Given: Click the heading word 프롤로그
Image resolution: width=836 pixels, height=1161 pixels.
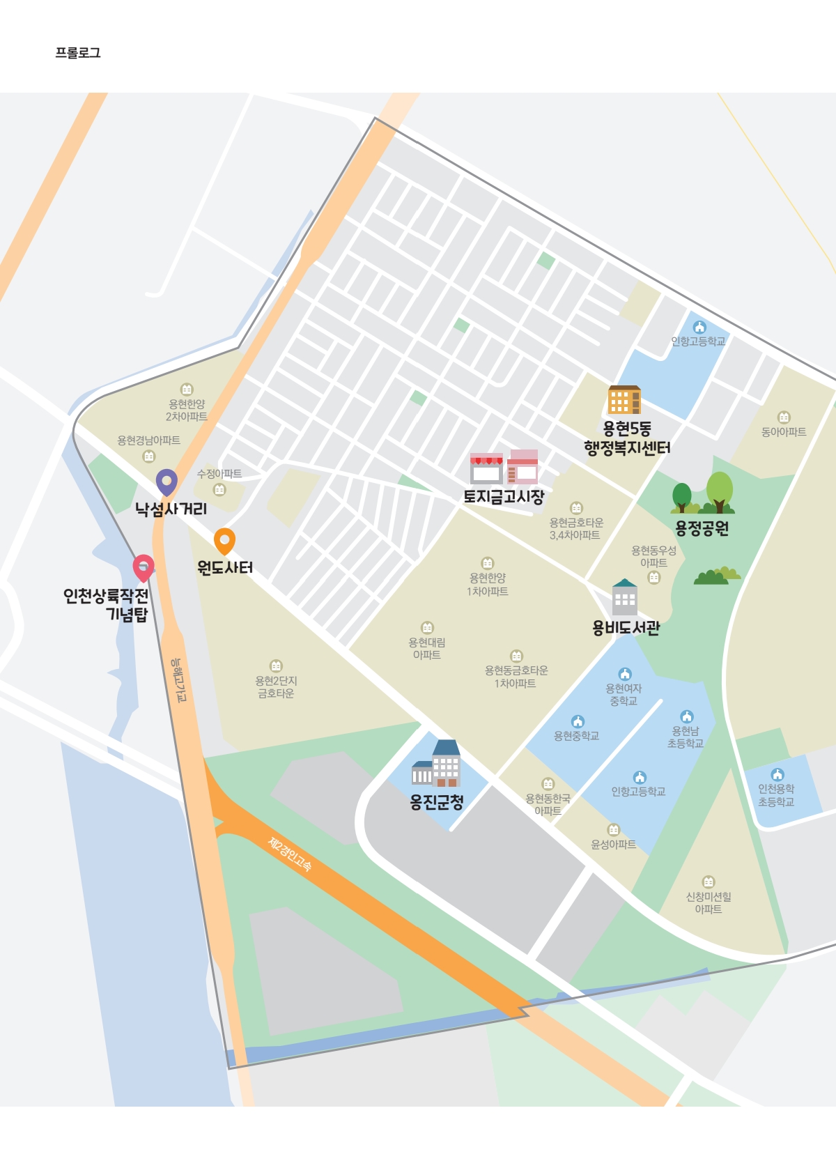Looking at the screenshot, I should tap(78, 53).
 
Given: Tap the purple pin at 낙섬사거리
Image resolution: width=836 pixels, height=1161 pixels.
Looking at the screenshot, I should tap(167, 482).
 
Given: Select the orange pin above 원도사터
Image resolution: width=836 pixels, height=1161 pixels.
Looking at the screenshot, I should tap(224, 541).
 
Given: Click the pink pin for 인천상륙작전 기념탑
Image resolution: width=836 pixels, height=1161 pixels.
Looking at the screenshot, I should tap(144, 567).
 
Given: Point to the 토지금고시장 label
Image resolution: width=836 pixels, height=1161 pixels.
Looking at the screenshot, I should tap(504, 497).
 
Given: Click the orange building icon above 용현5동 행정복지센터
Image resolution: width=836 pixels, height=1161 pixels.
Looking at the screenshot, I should tap(624, 400).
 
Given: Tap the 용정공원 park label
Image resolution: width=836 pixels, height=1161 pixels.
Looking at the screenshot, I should tap(702, 528).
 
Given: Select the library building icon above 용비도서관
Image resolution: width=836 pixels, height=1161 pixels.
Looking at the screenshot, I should tap(624, 597).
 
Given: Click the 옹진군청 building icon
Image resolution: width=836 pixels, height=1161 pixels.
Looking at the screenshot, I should tap(436, 764).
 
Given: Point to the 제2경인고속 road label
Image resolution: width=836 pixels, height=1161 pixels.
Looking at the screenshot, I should tap(290, 854).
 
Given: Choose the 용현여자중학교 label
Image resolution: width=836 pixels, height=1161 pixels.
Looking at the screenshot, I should tap(624, 694).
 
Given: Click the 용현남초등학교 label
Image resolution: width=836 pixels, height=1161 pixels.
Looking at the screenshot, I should tap(686, 737).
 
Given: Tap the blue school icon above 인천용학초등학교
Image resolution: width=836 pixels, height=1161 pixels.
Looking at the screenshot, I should tap(777, 774).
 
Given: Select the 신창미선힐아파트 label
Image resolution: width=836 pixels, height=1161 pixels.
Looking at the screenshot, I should tap(709, 902).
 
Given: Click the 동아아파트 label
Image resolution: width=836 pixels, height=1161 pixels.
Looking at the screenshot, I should tap(784, 432).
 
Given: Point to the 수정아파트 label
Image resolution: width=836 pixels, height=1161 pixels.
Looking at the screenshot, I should tap(219, 474).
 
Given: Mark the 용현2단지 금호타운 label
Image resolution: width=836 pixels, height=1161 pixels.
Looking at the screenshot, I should tap(276, 687).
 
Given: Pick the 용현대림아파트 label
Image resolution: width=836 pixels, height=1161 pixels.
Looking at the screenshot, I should tap(426, 648).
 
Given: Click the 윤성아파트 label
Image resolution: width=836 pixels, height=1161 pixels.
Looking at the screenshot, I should tap(613, 844).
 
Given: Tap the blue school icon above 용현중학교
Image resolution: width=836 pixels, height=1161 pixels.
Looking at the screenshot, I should tap(578, 721).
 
